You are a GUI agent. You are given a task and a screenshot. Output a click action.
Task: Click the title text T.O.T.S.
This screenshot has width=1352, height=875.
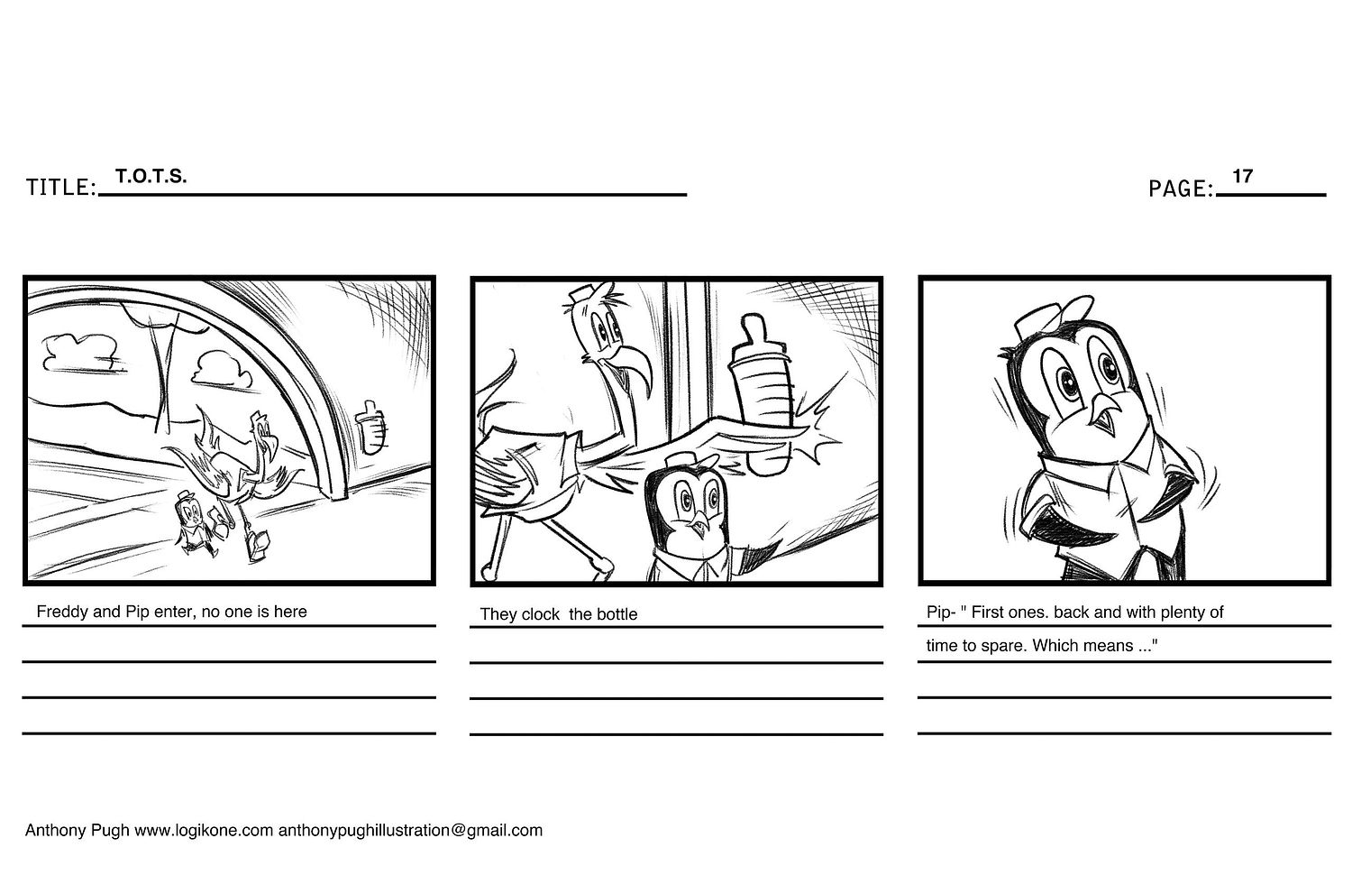click(x=151, y=176)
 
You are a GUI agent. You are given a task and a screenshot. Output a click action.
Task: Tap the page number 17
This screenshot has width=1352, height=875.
click(x=1243, y=176)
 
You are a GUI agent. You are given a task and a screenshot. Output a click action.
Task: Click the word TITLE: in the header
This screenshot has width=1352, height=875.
click(x=61, y=188)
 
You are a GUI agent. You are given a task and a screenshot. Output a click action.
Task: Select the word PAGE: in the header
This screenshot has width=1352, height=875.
click(x=1181, y=189)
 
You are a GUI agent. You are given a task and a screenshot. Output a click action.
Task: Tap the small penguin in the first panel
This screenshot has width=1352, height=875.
click(x=193, y=523)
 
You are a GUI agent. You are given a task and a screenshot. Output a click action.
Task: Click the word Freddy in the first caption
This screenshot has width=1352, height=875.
click(x=62, y=612)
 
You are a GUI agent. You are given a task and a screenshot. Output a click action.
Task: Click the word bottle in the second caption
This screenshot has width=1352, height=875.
click(x=616, y=614)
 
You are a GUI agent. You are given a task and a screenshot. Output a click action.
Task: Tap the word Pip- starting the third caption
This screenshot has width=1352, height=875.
click(x=940, y=612)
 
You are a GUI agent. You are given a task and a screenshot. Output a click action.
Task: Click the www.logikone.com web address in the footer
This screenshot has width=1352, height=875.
click(x=204, y=831)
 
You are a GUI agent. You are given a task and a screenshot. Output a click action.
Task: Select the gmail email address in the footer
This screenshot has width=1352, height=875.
click(x=410, y=831)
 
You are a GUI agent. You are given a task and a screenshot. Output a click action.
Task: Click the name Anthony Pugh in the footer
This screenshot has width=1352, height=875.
click(x=77, y=831)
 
